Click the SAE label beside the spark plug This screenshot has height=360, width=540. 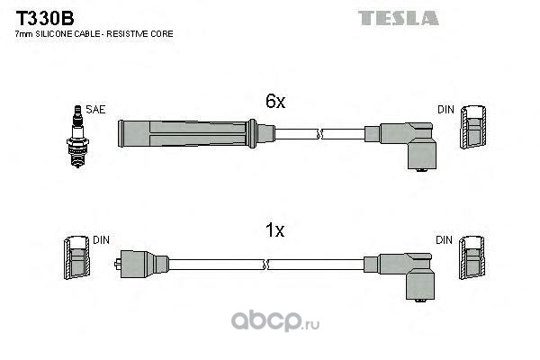point(96,109)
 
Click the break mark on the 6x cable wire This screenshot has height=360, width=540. point(318,135)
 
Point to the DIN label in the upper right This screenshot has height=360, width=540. point(446,110)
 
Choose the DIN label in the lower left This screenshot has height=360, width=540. point(100,240)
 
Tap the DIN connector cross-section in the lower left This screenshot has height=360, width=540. point(75,260)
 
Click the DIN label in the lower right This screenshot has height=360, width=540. point(445,240)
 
